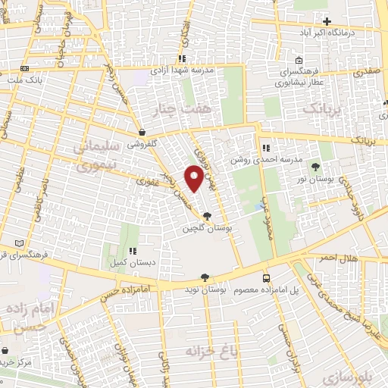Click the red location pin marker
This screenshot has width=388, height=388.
[x=195, y=179]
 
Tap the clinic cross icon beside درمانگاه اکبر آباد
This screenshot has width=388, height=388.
[x=327, y=21]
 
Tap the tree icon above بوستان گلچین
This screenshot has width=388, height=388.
[x=208, y=217]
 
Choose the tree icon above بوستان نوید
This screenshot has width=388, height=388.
[x=203, y=278]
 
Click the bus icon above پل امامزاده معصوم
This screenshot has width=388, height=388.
[x=265, y=278]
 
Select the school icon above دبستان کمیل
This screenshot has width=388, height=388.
[x=132, y=251]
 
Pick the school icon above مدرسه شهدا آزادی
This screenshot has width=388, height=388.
[x=181, y=58]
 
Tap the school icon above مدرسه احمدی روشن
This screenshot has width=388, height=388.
[x=265, y=148]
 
